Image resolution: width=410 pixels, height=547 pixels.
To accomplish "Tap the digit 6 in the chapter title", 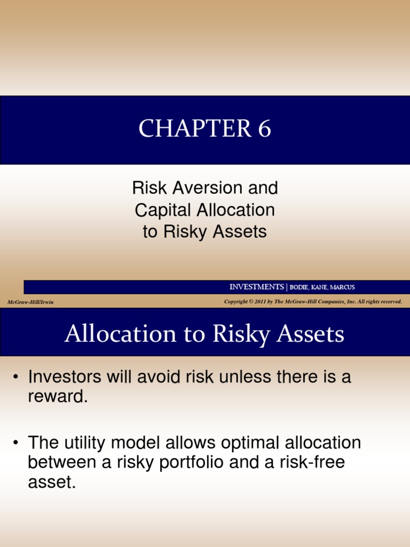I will coord(264,129).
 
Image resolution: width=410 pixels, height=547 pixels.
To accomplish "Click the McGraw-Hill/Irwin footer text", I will coord(30,302).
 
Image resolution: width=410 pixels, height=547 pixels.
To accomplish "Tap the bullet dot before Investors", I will coord(17,378).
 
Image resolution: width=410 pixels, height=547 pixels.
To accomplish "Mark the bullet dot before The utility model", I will coord(17,443).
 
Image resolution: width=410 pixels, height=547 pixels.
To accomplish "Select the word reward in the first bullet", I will coord(56,397).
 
